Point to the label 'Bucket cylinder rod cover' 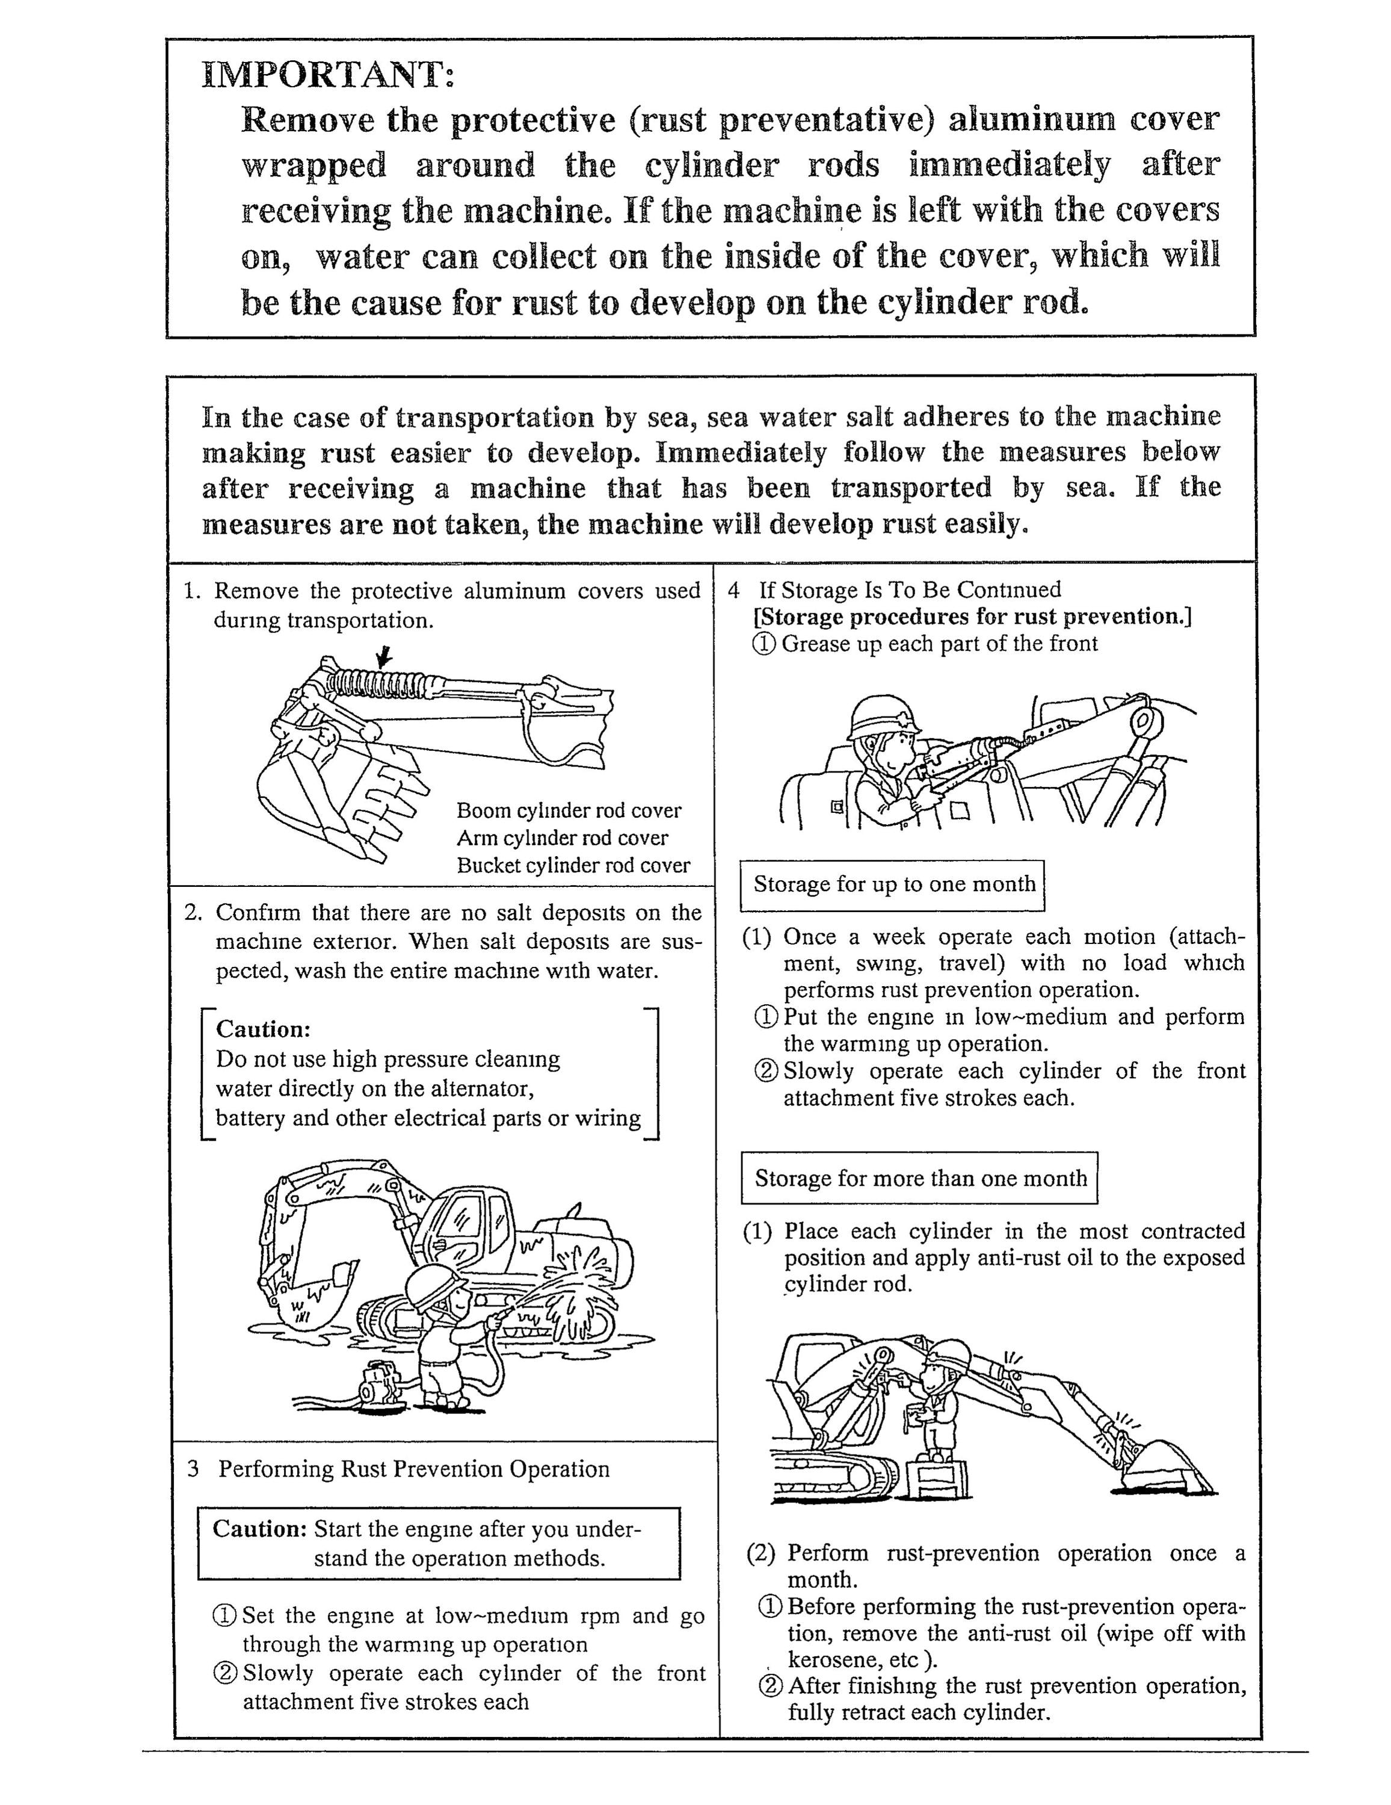click(x=573, y=865)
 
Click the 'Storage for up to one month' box click(x=893, y=885)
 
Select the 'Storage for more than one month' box click(x=919, y=1177)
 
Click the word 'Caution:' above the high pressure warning click(x=263, y=1029)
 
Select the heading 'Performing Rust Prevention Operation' click(x=414, y=1469)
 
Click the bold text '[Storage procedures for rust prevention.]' click(x=972, y=617)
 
